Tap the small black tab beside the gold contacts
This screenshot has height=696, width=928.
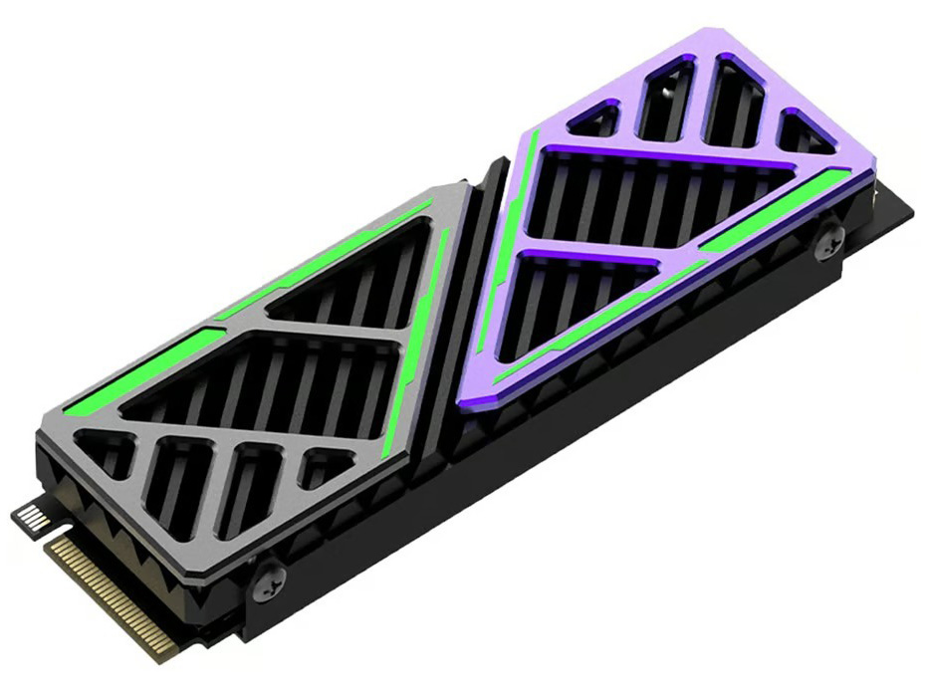(x=31, y=518)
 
